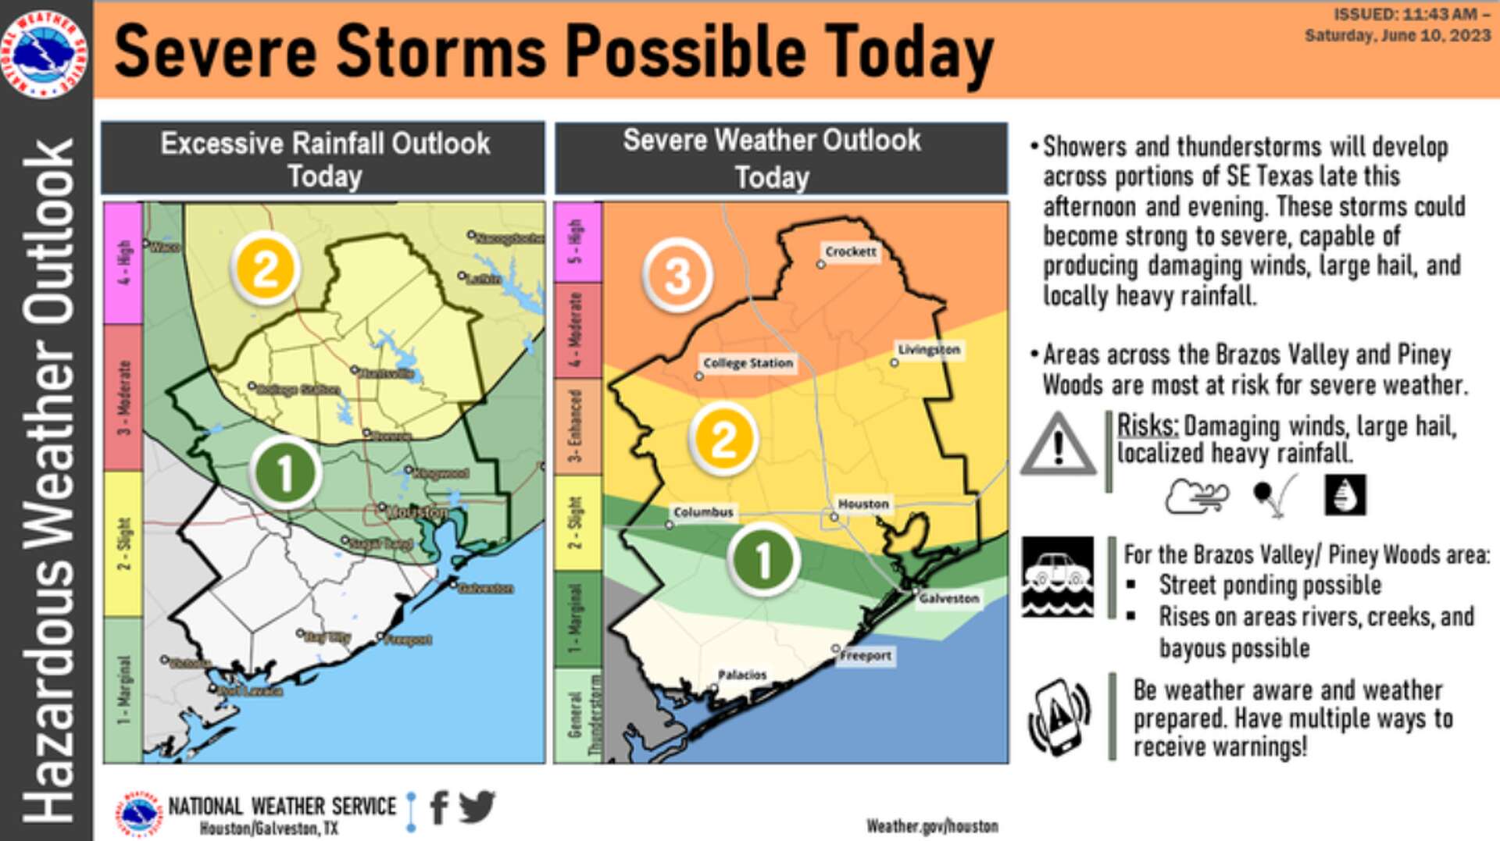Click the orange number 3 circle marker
(x=677, y=276)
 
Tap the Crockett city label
(x=851, y=251)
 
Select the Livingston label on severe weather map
(x=928, y=349)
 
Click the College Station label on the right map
(x=748, y=363)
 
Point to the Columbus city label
(x=703, y=512)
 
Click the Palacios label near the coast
(x=741, y=675)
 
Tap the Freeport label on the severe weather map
(x=865, y=656)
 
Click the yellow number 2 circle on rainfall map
(x=266, y=269)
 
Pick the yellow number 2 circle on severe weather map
(x=723, y=440)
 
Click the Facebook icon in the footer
(x=439, y=807)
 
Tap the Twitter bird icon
(x=477, y=807)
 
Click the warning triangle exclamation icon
(x=1059, y=445)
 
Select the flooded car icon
(x=1058, y=577)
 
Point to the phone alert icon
(x=1059, y=717)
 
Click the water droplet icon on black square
(x=1345, y=495)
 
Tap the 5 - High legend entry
(x=577, y=242)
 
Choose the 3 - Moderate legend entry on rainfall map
(x=123, y=397)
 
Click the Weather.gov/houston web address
(x=931, y=825)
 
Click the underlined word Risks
(x=1146, y=426)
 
